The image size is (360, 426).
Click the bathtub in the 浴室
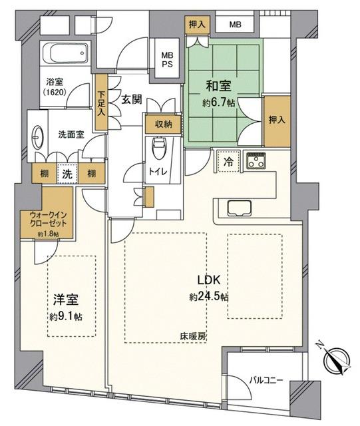(x=66, y=53)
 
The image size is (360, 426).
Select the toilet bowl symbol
(x=157, y=148)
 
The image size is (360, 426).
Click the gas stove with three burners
(x=256, y=160)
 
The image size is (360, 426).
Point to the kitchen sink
(x=239, y=208)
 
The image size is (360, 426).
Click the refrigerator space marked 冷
(x=228, y=162)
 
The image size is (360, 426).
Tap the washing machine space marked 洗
(x=67, y=173)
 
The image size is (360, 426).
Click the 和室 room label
(x=218, y=86)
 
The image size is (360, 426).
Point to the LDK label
(x=208, y=280)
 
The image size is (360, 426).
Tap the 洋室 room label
(x=66, y=300)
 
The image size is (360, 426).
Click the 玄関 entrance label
(x=132, y=100)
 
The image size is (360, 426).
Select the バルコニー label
(x=266, y=380)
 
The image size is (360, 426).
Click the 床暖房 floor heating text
(x=193, y=337)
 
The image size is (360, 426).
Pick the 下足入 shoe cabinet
(x=100, y=102)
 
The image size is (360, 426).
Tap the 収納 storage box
(x=163, y=124)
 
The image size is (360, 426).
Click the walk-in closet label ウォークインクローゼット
(x=48, y=220)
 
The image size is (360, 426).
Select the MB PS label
(x=168, y=60)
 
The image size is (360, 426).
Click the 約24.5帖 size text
(x=209, y=297)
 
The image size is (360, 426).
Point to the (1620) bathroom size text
(x=55, y=93)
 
